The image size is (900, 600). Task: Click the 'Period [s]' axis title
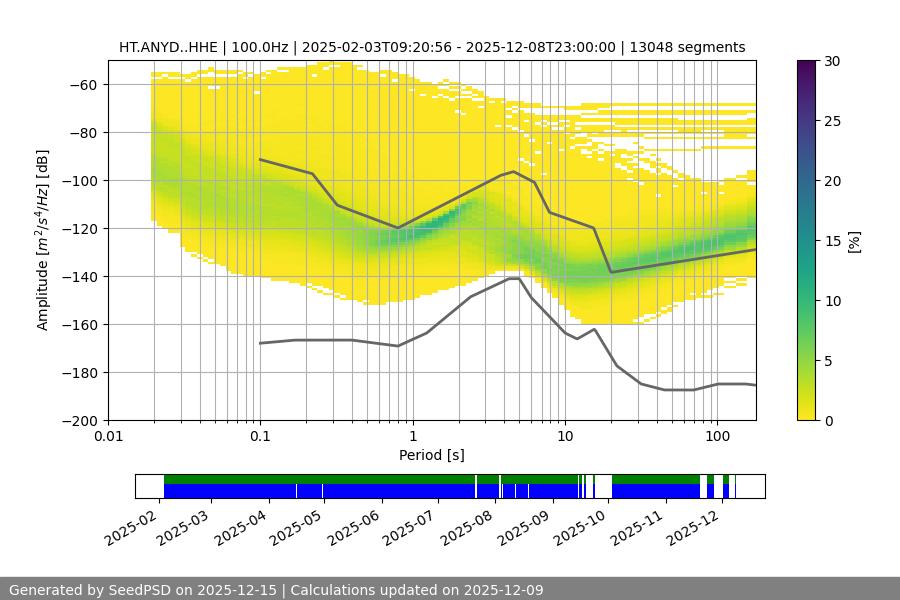(432, 455)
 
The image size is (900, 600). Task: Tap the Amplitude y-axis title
(42, 240)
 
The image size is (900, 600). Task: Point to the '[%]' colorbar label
(853, 241)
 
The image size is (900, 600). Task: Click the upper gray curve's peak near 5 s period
(514, 171)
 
